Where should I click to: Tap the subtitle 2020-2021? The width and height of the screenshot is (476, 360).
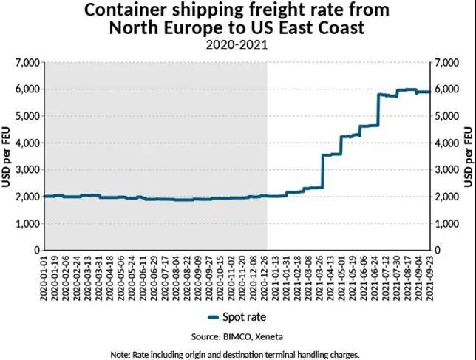coord(238,44)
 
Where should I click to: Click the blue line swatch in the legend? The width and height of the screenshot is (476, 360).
coord(214,316)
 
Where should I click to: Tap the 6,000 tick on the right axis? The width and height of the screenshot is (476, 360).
coord(449,89)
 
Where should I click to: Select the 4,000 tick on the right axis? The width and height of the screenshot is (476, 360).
coord(449,143)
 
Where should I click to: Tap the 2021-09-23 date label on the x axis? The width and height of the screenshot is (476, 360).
coord(429,276)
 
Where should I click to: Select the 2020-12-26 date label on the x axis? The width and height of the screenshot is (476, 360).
coord(264,276)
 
